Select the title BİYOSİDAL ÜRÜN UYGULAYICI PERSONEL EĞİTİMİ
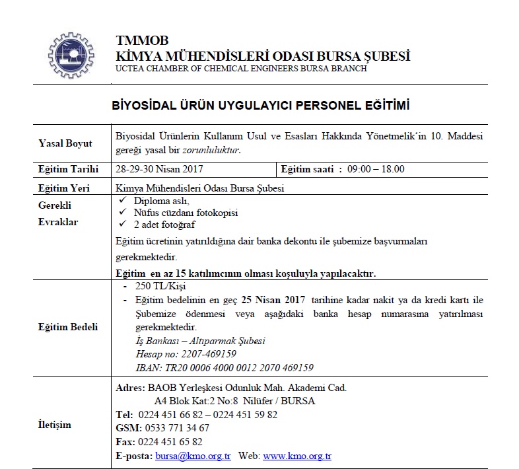(260, 106)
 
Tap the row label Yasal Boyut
(66, 143)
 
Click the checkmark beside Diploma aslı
(120, 199)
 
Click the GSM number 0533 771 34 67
(172, 428)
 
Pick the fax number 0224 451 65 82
(169, 441)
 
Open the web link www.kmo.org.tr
(297, 456)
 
